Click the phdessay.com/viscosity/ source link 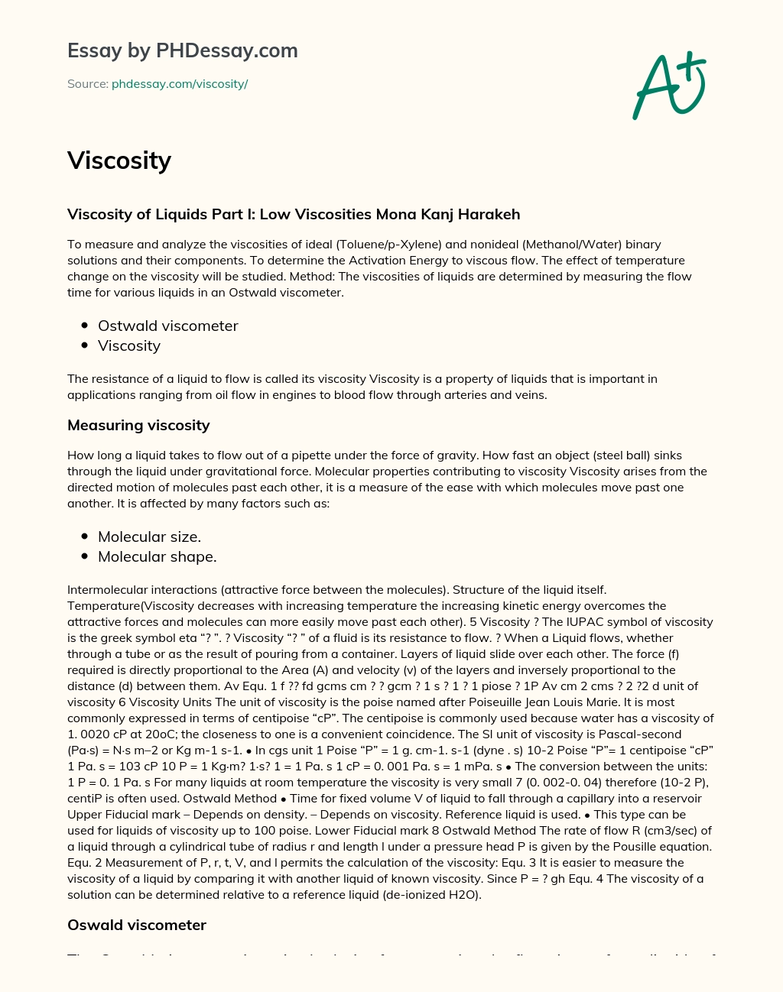coord(180,84)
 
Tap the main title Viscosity coord(119,160)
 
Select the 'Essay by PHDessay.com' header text coord(183,50)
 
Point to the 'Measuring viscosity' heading coord(138,425)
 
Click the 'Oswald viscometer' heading coord(137,925)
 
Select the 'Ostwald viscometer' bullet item coord(168,326)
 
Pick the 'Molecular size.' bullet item coord(149,537)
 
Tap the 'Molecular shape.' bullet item coord(157,556)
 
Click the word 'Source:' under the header coord(88,84)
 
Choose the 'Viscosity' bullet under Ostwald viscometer coord(129,345)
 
